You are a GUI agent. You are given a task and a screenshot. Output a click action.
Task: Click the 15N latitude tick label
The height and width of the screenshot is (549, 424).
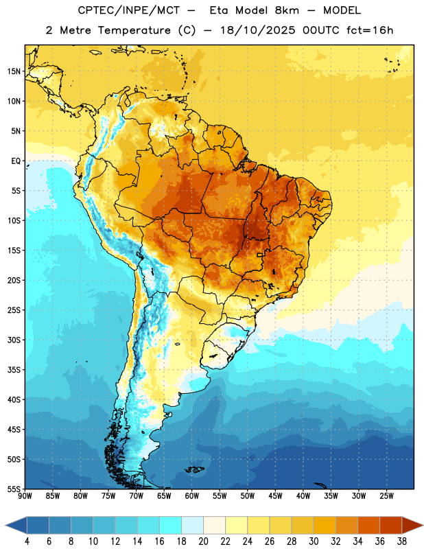(14, 71)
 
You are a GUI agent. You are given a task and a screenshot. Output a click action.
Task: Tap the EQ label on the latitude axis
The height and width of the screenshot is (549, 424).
(16, 161)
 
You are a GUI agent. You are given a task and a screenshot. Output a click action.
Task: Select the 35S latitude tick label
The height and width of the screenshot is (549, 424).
(14, 370)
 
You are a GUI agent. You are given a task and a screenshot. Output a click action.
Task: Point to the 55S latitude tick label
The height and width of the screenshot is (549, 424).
(14, 489)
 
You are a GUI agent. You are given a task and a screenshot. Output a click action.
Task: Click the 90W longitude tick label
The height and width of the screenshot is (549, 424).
(25, 496)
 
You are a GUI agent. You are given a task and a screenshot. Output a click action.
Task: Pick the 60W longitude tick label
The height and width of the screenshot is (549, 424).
(192, 496)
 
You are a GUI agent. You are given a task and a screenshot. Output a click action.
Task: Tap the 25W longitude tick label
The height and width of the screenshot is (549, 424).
(386, 496)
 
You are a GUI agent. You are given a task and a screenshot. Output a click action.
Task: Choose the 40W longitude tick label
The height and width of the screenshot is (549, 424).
(303, 496)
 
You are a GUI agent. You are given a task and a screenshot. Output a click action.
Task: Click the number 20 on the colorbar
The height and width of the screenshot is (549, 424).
(203, 541)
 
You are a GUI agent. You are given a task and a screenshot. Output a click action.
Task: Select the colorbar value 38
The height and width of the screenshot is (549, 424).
(402, 541)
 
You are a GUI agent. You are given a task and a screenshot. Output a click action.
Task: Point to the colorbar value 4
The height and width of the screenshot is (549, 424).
(27, 541)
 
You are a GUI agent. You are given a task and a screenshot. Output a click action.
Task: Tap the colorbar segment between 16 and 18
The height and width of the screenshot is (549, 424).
(171, 525)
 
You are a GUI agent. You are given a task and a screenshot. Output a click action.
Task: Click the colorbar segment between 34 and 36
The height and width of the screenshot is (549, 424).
(369, 525)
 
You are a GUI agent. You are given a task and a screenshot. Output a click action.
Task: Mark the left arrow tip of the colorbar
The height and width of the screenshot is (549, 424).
(5, 525)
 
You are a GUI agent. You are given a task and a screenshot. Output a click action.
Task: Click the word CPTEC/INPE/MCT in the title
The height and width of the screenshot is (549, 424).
(129, 10)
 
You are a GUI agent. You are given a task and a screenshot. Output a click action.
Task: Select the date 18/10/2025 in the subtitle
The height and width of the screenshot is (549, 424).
(257, 30)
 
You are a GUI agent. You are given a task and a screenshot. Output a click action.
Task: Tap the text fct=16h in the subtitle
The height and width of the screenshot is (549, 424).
(370, 30)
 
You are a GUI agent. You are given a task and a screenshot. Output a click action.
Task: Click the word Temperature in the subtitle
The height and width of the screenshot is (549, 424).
(134, 30)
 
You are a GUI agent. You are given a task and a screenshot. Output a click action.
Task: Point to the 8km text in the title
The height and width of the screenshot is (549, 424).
(287, 10)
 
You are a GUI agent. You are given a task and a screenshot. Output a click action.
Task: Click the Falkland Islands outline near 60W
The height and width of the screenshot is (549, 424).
(195, 469)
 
